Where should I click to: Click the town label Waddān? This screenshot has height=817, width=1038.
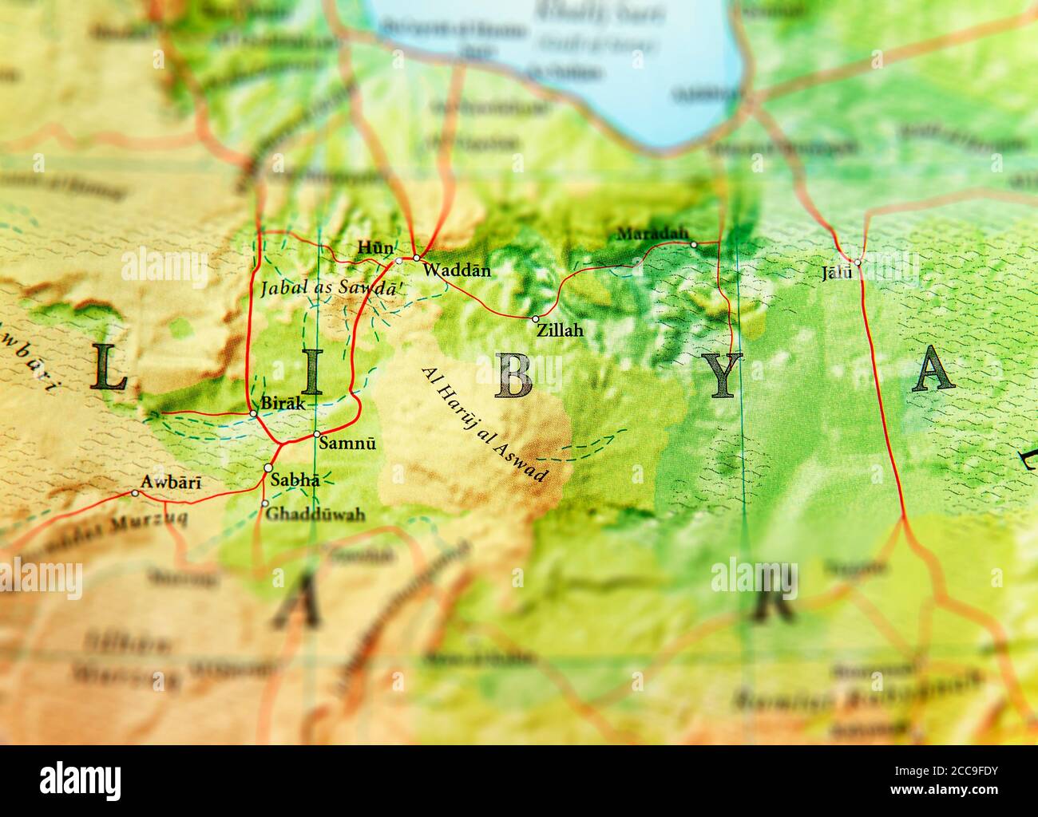457,270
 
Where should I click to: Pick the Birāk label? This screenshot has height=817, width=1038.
283,404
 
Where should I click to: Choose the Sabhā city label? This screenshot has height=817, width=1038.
295,480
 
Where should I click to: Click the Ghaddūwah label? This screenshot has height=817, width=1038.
315,514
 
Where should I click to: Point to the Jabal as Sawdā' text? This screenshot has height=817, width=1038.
329,289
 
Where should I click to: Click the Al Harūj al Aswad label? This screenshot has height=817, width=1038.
485,424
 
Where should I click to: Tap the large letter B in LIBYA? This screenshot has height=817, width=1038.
513,374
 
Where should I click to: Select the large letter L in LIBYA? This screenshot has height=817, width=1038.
108,367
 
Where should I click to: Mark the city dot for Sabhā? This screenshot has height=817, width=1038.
268,468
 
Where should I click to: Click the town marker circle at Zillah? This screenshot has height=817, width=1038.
535,319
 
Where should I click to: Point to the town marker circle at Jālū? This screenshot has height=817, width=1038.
857,262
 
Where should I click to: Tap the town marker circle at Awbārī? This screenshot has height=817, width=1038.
134,493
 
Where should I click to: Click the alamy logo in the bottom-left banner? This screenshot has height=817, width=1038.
81,779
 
